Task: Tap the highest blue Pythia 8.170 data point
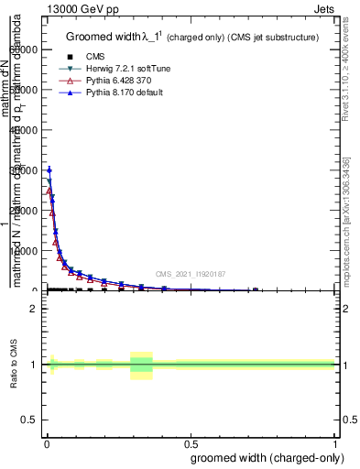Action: point(49,170)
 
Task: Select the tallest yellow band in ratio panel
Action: point(141,365)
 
